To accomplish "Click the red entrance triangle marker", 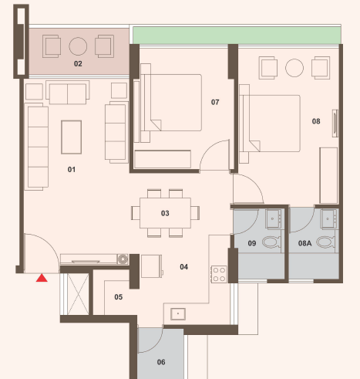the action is [42, 278].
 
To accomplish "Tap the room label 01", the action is [72, 170].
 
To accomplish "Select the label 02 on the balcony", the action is [78, 63].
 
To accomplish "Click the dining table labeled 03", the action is [165, 213].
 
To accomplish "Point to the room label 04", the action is [183, 267].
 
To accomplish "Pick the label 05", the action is [119, 297].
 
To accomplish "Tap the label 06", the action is [161, 362].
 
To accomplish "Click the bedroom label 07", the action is [215, 102].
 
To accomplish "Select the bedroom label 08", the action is [316, 121].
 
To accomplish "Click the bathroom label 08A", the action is [305, 243].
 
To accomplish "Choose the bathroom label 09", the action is [252, 243].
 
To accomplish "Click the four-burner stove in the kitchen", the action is [219, 274].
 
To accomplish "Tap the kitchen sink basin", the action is [178, 313].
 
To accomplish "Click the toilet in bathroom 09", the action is [271, 242].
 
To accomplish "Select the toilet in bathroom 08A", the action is [326, 242].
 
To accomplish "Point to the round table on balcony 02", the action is [78, 46].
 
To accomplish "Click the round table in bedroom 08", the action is [294, 68].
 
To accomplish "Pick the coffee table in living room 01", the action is [72, 137].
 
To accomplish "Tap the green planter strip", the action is [237, 36].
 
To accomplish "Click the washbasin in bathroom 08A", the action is [328, 218].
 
